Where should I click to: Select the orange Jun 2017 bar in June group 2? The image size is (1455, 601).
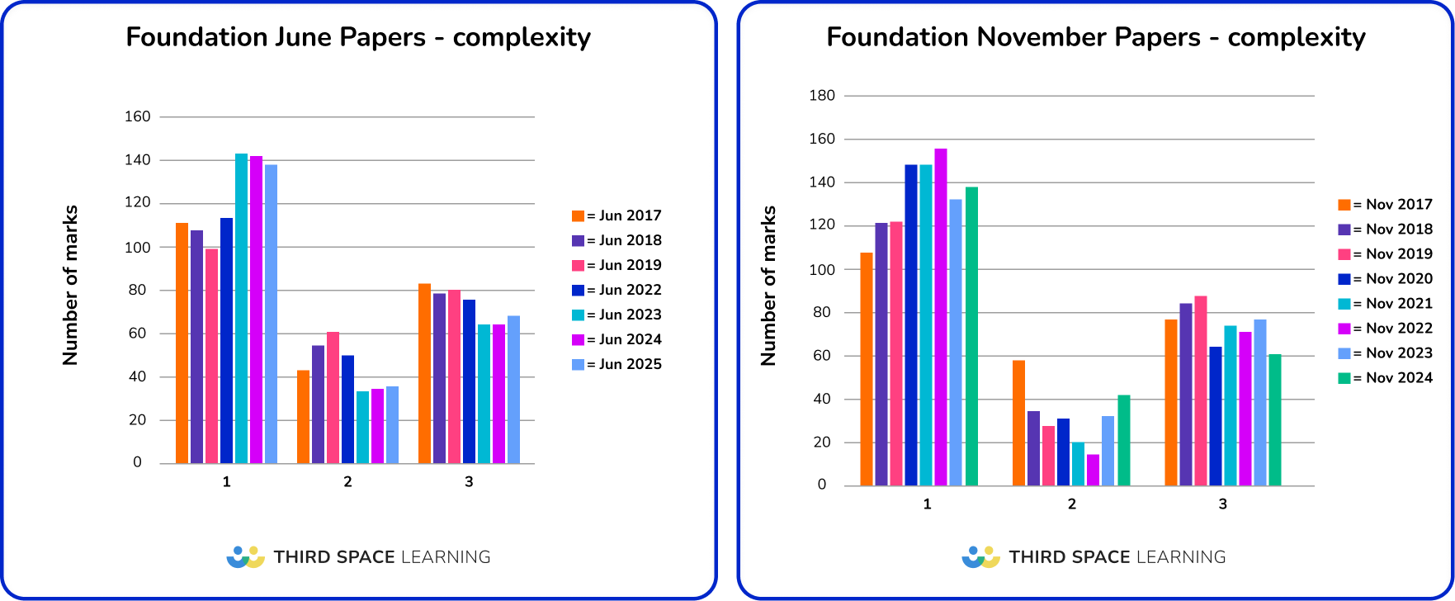click(x=303, y=417)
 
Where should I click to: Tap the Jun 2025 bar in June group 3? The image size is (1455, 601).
click(x=513, y=390)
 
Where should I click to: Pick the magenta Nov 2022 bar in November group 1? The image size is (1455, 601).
click(x=940, y=317)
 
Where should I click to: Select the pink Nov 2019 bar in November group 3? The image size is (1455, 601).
click(x=1200, y=390)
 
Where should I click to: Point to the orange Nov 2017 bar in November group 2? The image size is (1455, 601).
click(x=1018, y=423)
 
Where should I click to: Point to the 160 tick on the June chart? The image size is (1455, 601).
click(x=138, y=116)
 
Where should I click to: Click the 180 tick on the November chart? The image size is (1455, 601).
click(x=822, y=95)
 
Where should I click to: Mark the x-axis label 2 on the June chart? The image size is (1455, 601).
click(x=347, y=481)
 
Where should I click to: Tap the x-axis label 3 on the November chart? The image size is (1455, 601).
click(x=1222, y=504)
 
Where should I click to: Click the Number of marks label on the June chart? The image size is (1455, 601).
click(x=70, y=285)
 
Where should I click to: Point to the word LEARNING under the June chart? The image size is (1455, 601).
click(x=446, y=557)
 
